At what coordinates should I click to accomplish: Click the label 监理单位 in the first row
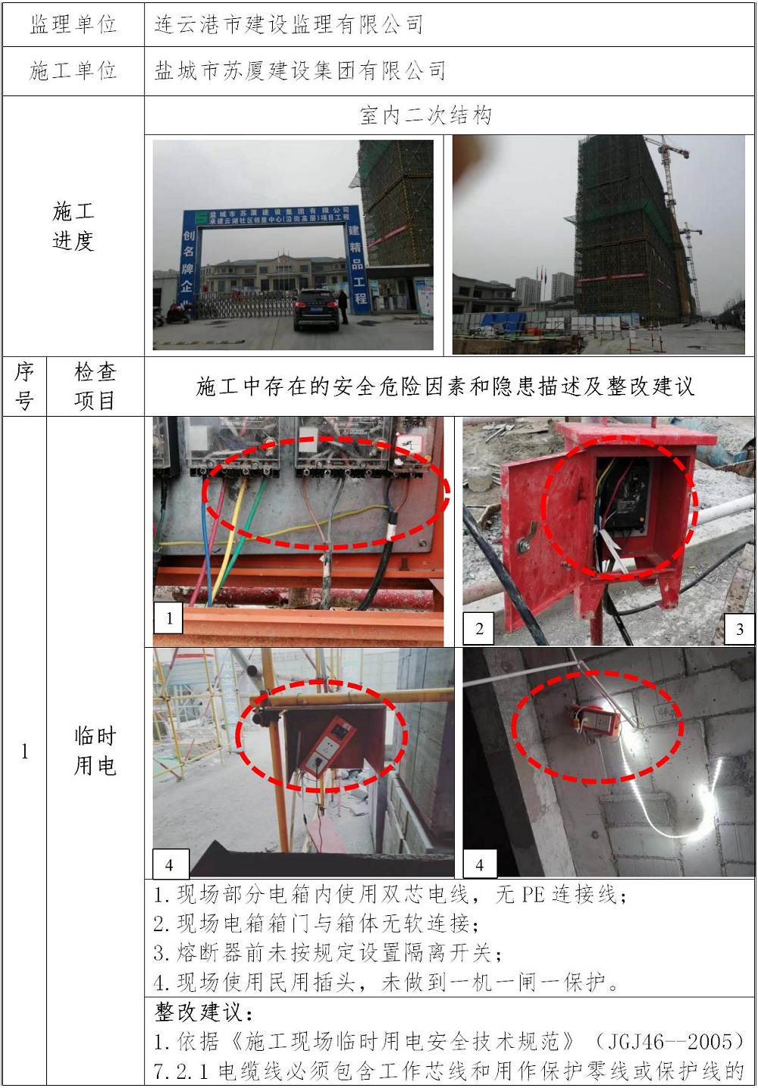73,24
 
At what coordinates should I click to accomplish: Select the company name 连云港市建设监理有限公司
289,24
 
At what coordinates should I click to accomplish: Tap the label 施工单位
73,71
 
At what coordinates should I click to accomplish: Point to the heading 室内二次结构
426,116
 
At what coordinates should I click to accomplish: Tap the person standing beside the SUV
343,306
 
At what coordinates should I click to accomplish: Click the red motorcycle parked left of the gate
178,314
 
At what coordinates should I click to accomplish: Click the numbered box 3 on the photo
739,629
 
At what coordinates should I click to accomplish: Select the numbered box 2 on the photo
479,629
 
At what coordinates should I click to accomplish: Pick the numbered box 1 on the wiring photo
168,617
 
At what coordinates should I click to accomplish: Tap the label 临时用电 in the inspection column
95,751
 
